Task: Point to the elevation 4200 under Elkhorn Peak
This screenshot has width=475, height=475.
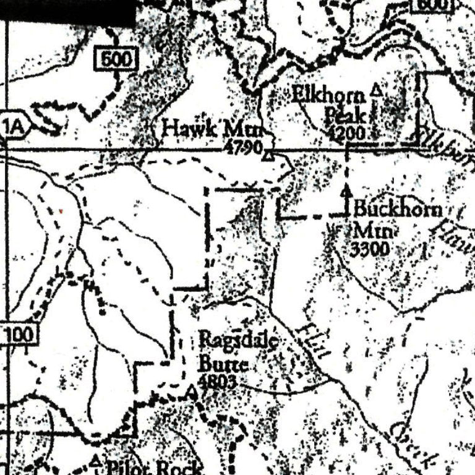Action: coord(347,132)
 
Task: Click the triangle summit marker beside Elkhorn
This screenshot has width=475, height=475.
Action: coord(375,92)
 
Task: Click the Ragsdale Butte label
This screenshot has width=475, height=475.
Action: coord(237,350)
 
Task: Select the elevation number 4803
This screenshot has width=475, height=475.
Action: coord(217,382)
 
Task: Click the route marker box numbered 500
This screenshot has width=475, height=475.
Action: coord(115,59)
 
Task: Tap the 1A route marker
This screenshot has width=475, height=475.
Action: coord(14,127)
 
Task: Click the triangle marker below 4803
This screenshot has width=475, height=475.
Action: coord(193,392)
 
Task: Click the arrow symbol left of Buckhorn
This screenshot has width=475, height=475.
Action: coord(346,197)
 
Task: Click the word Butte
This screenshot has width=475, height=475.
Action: coord(223,364)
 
